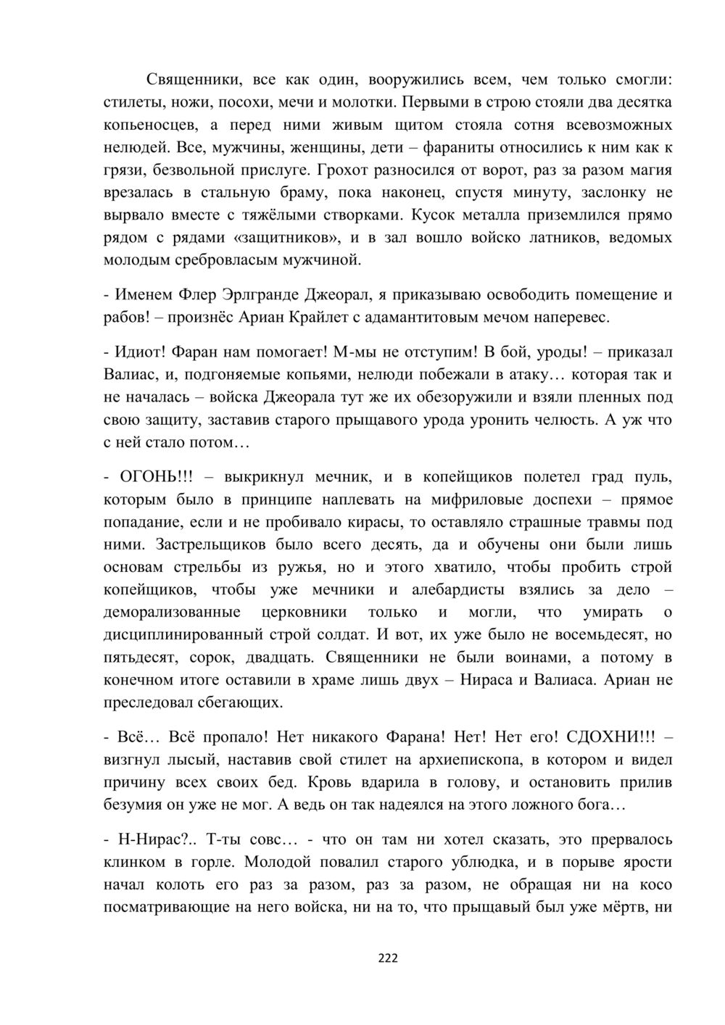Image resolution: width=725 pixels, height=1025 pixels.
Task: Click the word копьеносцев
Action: [x=146, y=124]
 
